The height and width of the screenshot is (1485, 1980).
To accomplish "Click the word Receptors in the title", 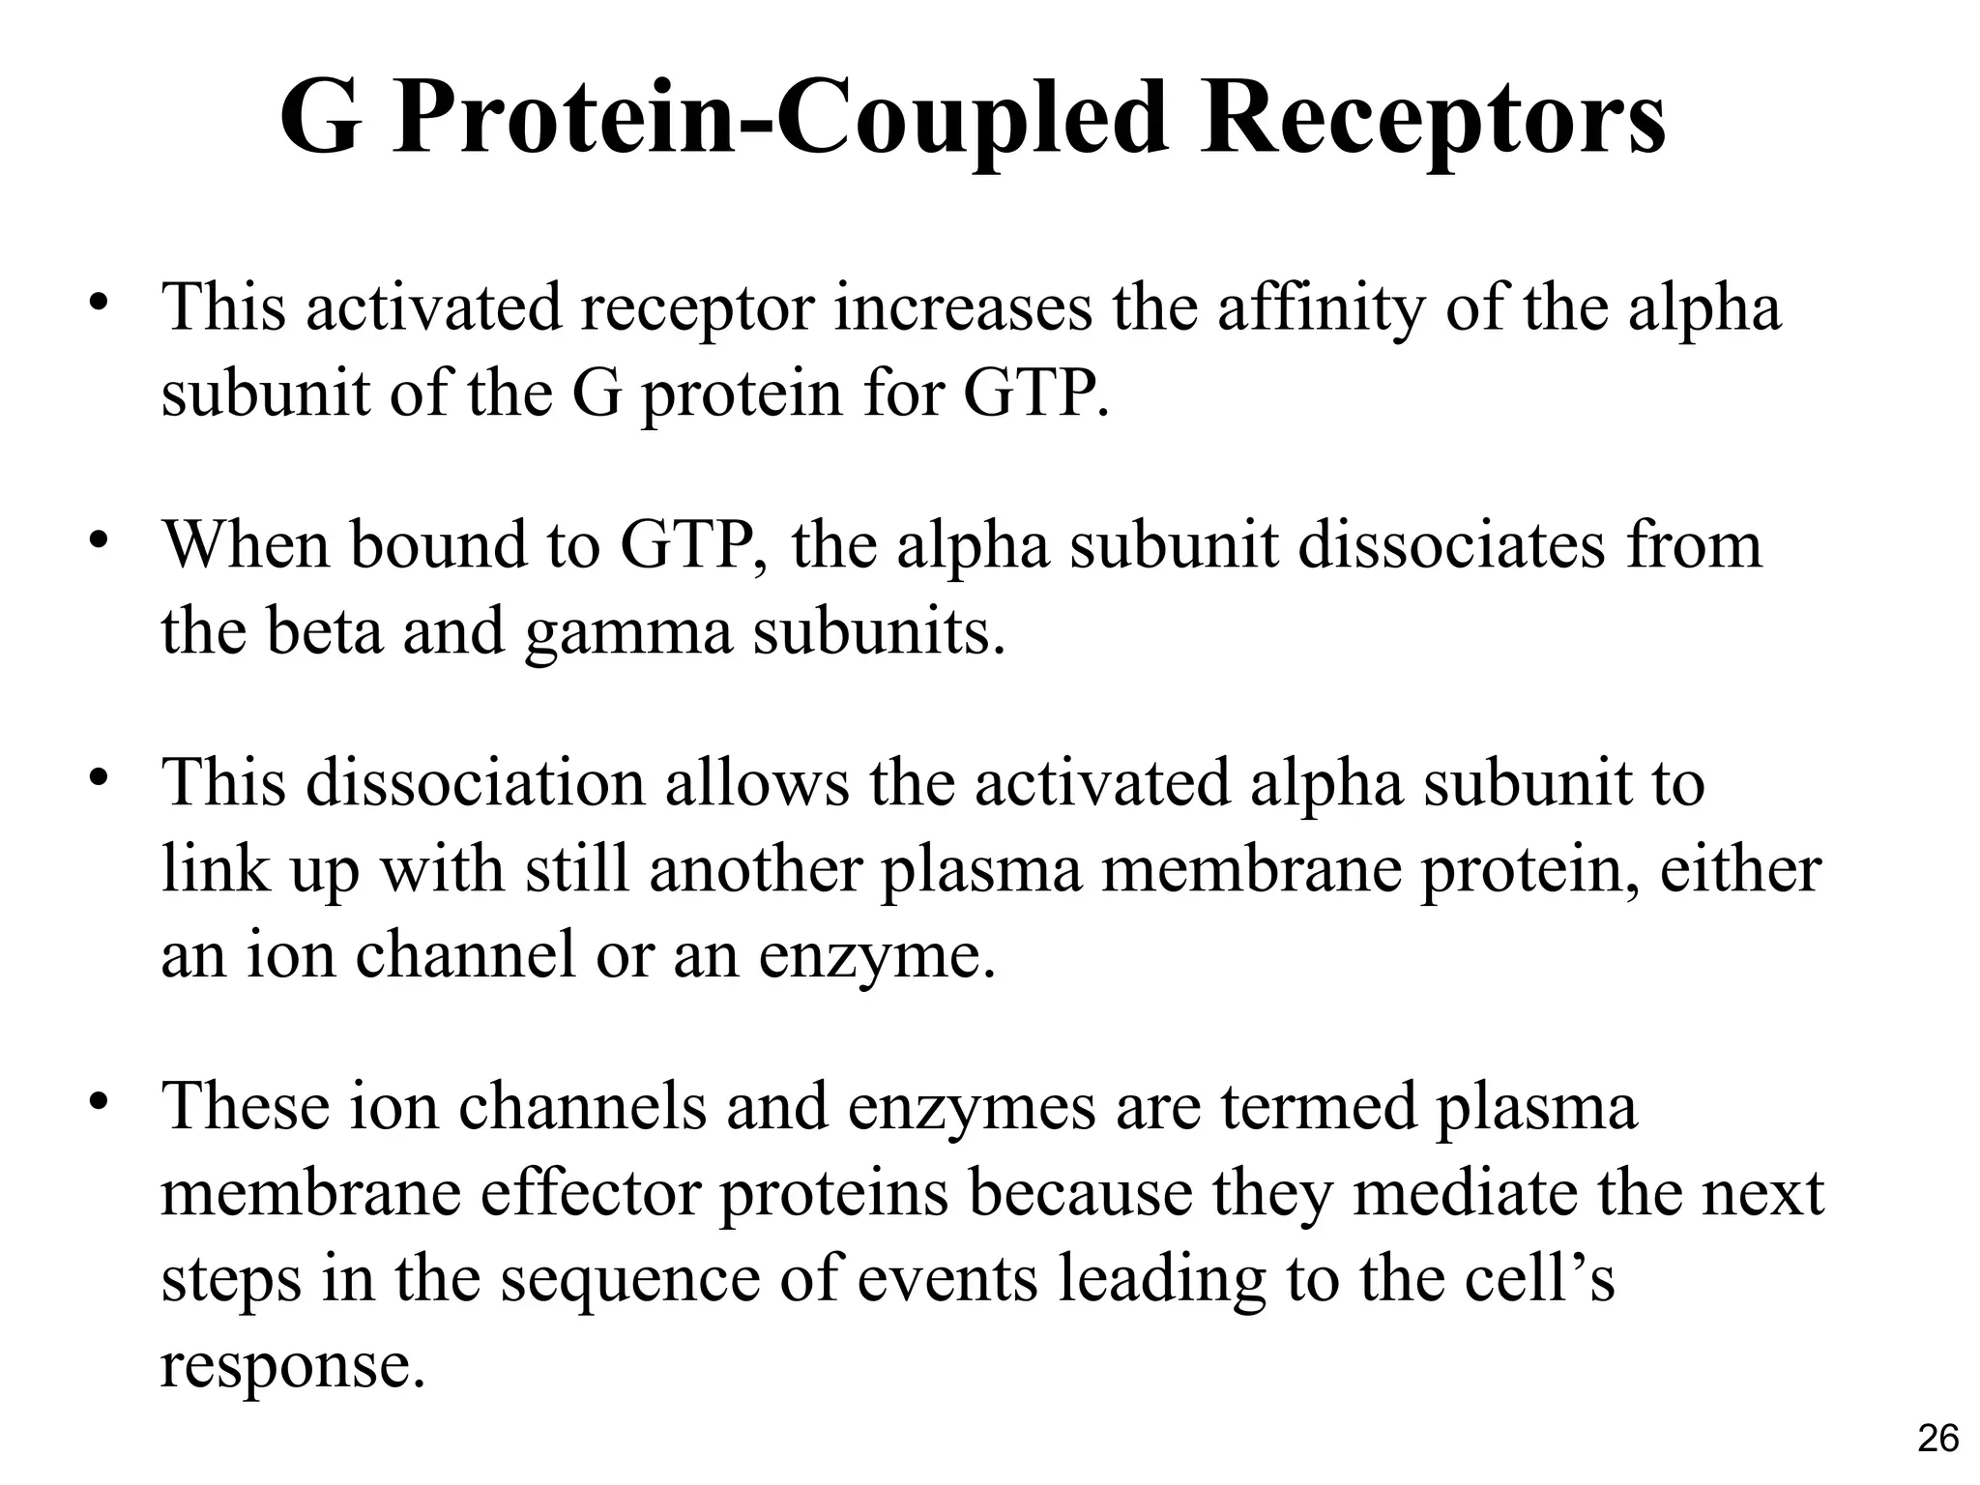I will pos(1433,122).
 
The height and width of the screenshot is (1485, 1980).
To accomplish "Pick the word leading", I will pos(1161,1279).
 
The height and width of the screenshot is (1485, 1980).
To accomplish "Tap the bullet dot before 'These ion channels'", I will pos(98,1102).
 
